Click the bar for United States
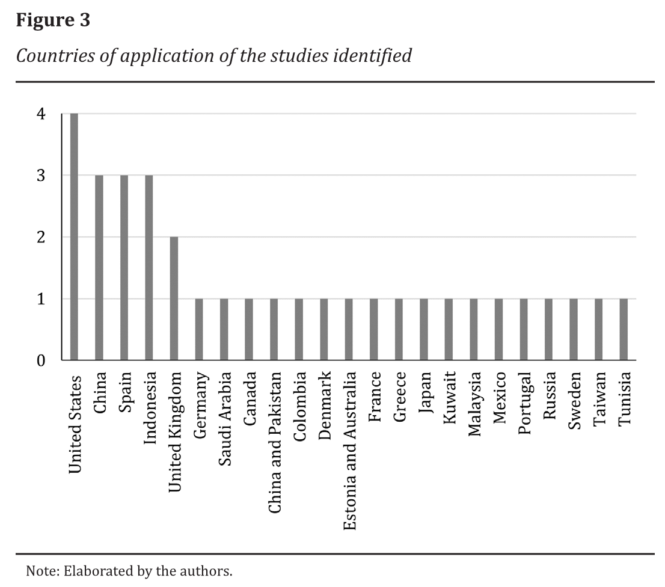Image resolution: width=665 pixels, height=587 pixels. point(74,237)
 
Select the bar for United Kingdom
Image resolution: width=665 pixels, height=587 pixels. point(174,299)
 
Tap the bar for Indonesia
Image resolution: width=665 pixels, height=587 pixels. point(149,267)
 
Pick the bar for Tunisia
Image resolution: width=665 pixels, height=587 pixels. point(624,329)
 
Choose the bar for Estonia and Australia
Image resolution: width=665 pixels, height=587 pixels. point(349,329)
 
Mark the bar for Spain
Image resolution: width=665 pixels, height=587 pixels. point(124,267)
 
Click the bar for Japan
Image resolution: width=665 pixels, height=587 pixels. point(424,329)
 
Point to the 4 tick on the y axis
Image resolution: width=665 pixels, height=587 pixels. point(41,114)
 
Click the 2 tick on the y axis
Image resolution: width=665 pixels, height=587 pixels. point(41,237)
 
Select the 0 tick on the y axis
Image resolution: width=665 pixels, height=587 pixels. point(41,360)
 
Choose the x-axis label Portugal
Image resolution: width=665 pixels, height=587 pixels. point(524,404)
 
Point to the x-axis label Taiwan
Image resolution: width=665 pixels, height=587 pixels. point(599,399)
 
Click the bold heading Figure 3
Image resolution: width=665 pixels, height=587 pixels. point(53,20)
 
